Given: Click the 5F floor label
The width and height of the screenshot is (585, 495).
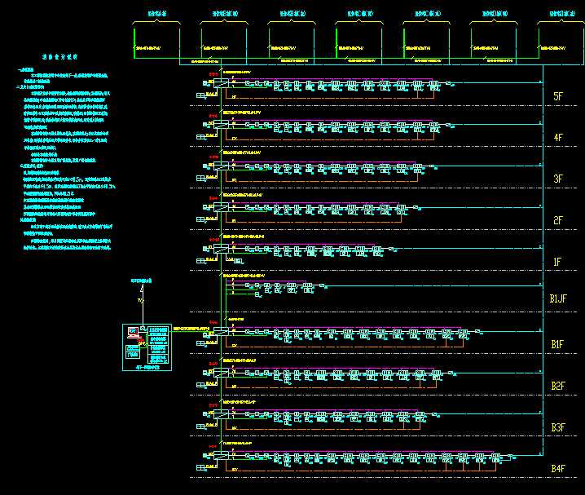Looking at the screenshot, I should [x=557, y=97].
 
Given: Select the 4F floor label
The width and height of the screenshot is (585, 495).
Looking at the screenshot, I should [x=557, y=138].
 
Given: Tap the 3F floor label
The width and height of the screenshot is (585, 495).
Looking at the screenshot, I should [x=557, y=179].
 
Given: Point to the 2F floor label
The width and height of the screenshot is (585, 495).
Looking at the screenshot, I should [x=557, y=220].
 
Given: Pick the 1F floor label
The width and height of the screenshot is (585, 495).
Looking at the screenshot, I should [x=557, y=262].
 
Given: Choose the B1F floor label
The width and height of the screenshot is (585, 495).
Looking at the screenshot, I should [x=557, y=345].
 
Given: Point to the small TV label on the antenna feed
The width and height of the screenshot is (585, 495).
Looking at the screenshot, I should [x=139, y=301].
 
